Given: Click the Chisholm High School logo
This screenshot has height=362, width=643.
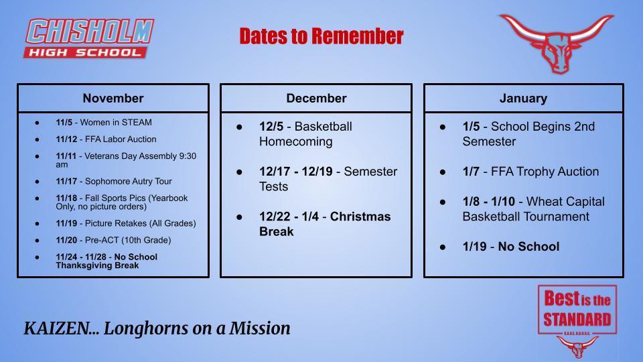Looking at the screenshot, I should tap(89, 38).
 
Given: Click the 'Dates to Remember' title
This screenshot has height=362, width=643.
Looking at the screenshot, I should tap(321, 36).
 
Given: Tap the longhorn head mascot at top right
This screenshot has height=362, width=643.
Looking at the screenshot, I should tap(556, 44).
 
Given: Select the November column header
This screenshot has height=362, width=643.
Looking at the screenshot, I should tap(113, 99).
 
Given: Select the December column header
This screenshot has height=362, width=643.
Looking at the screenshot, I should tap(316, 99).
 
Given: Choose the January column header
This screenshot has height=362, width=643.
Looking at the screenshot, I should tap(523, 99).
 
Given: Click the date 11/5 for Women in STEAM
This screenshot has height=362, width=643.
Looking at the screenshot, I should tap(64, 123).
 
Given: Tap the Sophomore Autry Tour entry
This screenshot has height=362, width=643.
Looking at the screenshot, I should tap(114, 182).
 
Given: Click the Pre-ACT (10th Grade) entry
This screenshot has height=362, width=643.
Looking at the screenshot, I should tap(113, 240).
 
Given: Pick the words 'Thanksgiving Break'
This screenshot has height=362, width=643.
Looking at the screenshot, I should tap(97, 265).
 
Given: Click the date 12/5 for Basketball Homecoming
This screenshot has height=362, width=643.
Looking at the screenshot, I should tap(271, 127).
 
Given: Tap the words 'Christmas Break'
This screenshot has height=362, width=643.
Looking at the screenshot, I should tap(325, 224).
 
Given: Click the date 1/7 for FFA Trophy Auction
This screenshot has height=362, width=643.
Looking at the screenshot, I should tap(471, 172).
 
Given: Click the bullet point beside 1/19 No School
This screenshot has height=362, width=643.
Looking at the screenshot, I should tap(443, 247).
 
